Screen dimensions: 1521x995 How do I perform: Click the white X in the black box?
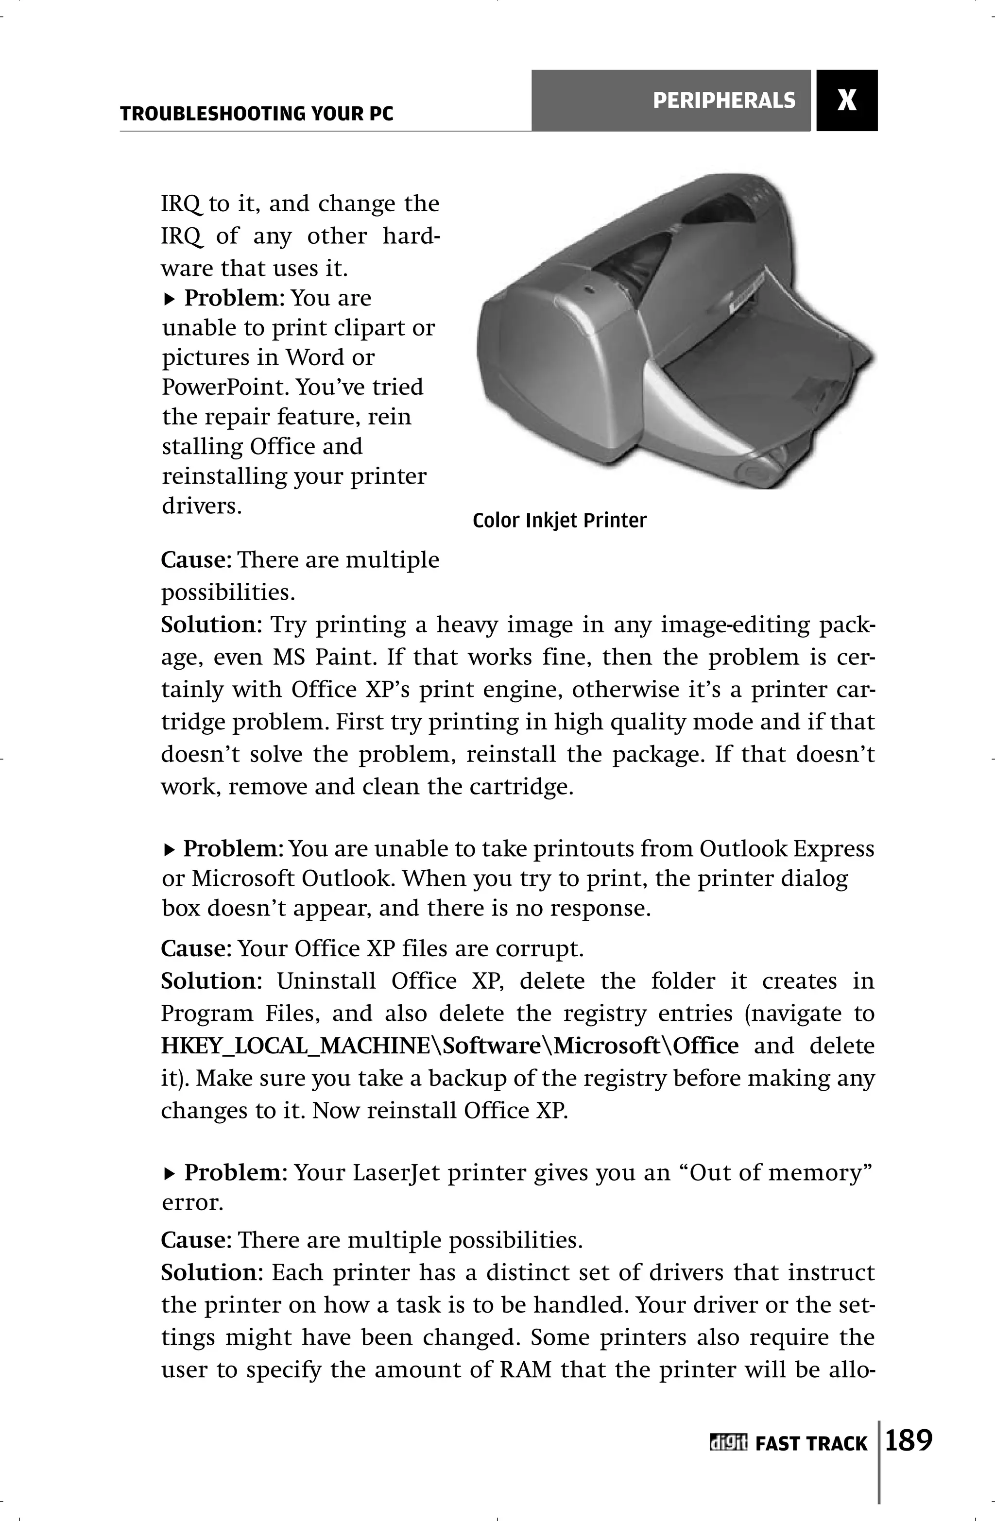(847, 101)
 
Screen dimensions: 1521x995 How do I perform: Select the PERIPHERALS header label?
(724, 101)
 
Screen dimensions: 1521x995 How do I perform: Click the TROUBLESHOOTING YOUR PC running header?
(257, 115)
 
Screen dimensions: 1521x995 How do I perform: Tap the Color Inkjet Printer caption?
(560, 521)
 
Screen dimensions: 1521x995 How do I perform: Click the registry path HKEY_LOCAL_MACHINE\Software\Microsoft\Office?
(449, 1046)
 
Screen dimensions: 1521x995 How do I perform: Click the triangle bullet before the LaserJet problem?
(169, 1174)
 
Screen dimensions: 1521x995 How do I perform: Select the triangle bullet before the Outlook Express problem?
(169, 850)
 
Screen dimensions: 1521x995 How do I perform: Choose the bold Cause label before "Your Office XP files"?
(194, 948)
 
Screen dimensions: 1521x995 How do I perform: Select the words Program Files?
(238, 1014)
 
